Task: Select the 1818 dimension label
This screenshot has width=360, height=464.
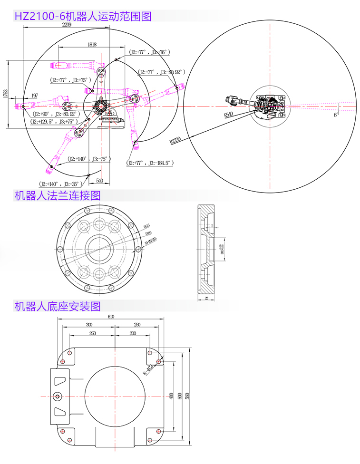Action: point(92,44)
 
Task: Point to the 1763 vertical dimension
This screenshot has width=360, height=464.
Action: point(5,93)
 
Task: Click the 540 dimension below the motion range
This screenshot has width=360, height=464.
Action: point(99,180)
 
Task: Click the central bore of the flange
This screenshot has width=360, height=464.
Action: point(99,248)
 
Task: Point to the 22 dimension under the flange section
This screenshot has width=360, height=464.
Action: point(206,298)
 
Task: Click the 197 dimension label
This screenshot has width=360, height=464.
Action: point(34,96)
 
